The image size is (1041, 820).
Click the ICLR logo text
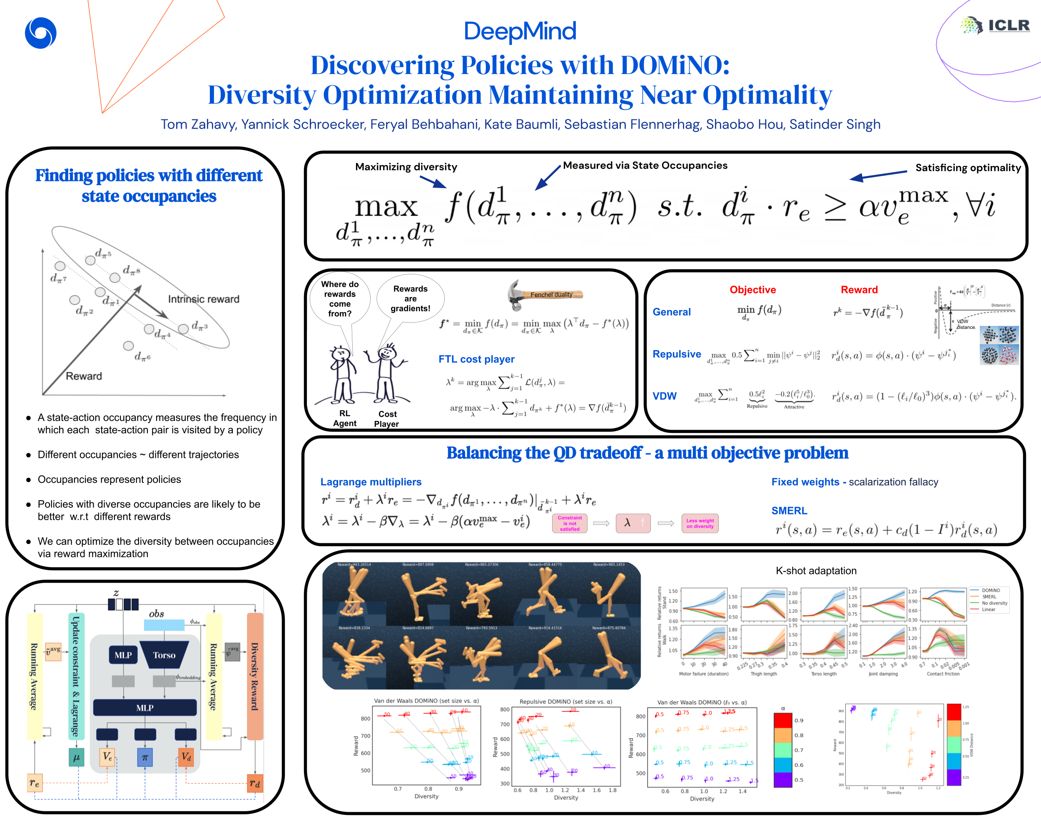pyautogui.click(x=1009, y=25)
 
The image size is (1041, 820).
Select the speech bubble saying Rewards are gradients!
pyautogui.click(x=410, y=298)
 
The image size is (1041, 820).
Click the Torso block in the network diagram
pyautogui.click(x=164, y=655)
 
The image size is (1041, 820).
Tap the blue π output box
pyautogui.click(x=144, y=758)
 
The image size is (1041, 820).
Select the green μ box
pyautogui.click(x=76, y=758)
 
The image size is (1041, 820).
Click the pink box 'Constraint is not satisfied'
pyautogui.click(x=570, y=523)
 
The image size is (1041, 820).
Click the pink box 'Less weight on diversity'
pyautogui.click(x=700, y=523)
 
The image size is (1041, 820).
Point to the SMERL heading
pyautogui.click(x=789, y=511)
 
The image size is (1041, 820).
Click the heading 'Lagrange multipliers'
pyautogui.click(x=371, y=482)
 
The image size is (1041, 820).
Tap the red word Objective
pyautogui.click(x=752, y=289)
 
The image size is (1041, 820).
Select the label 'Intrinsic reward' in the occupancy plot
pyautogui.click(x=204, y=299)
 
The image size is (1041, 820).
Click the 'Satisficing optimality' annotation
pyautogui.click(x=968, y=168)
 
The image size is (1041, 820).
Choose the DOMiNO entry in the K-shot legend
pyautogui.click(x=990, y=591)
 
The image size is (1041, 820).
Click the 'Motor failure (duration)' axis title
pyautogui.click(x=703, y=673)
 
